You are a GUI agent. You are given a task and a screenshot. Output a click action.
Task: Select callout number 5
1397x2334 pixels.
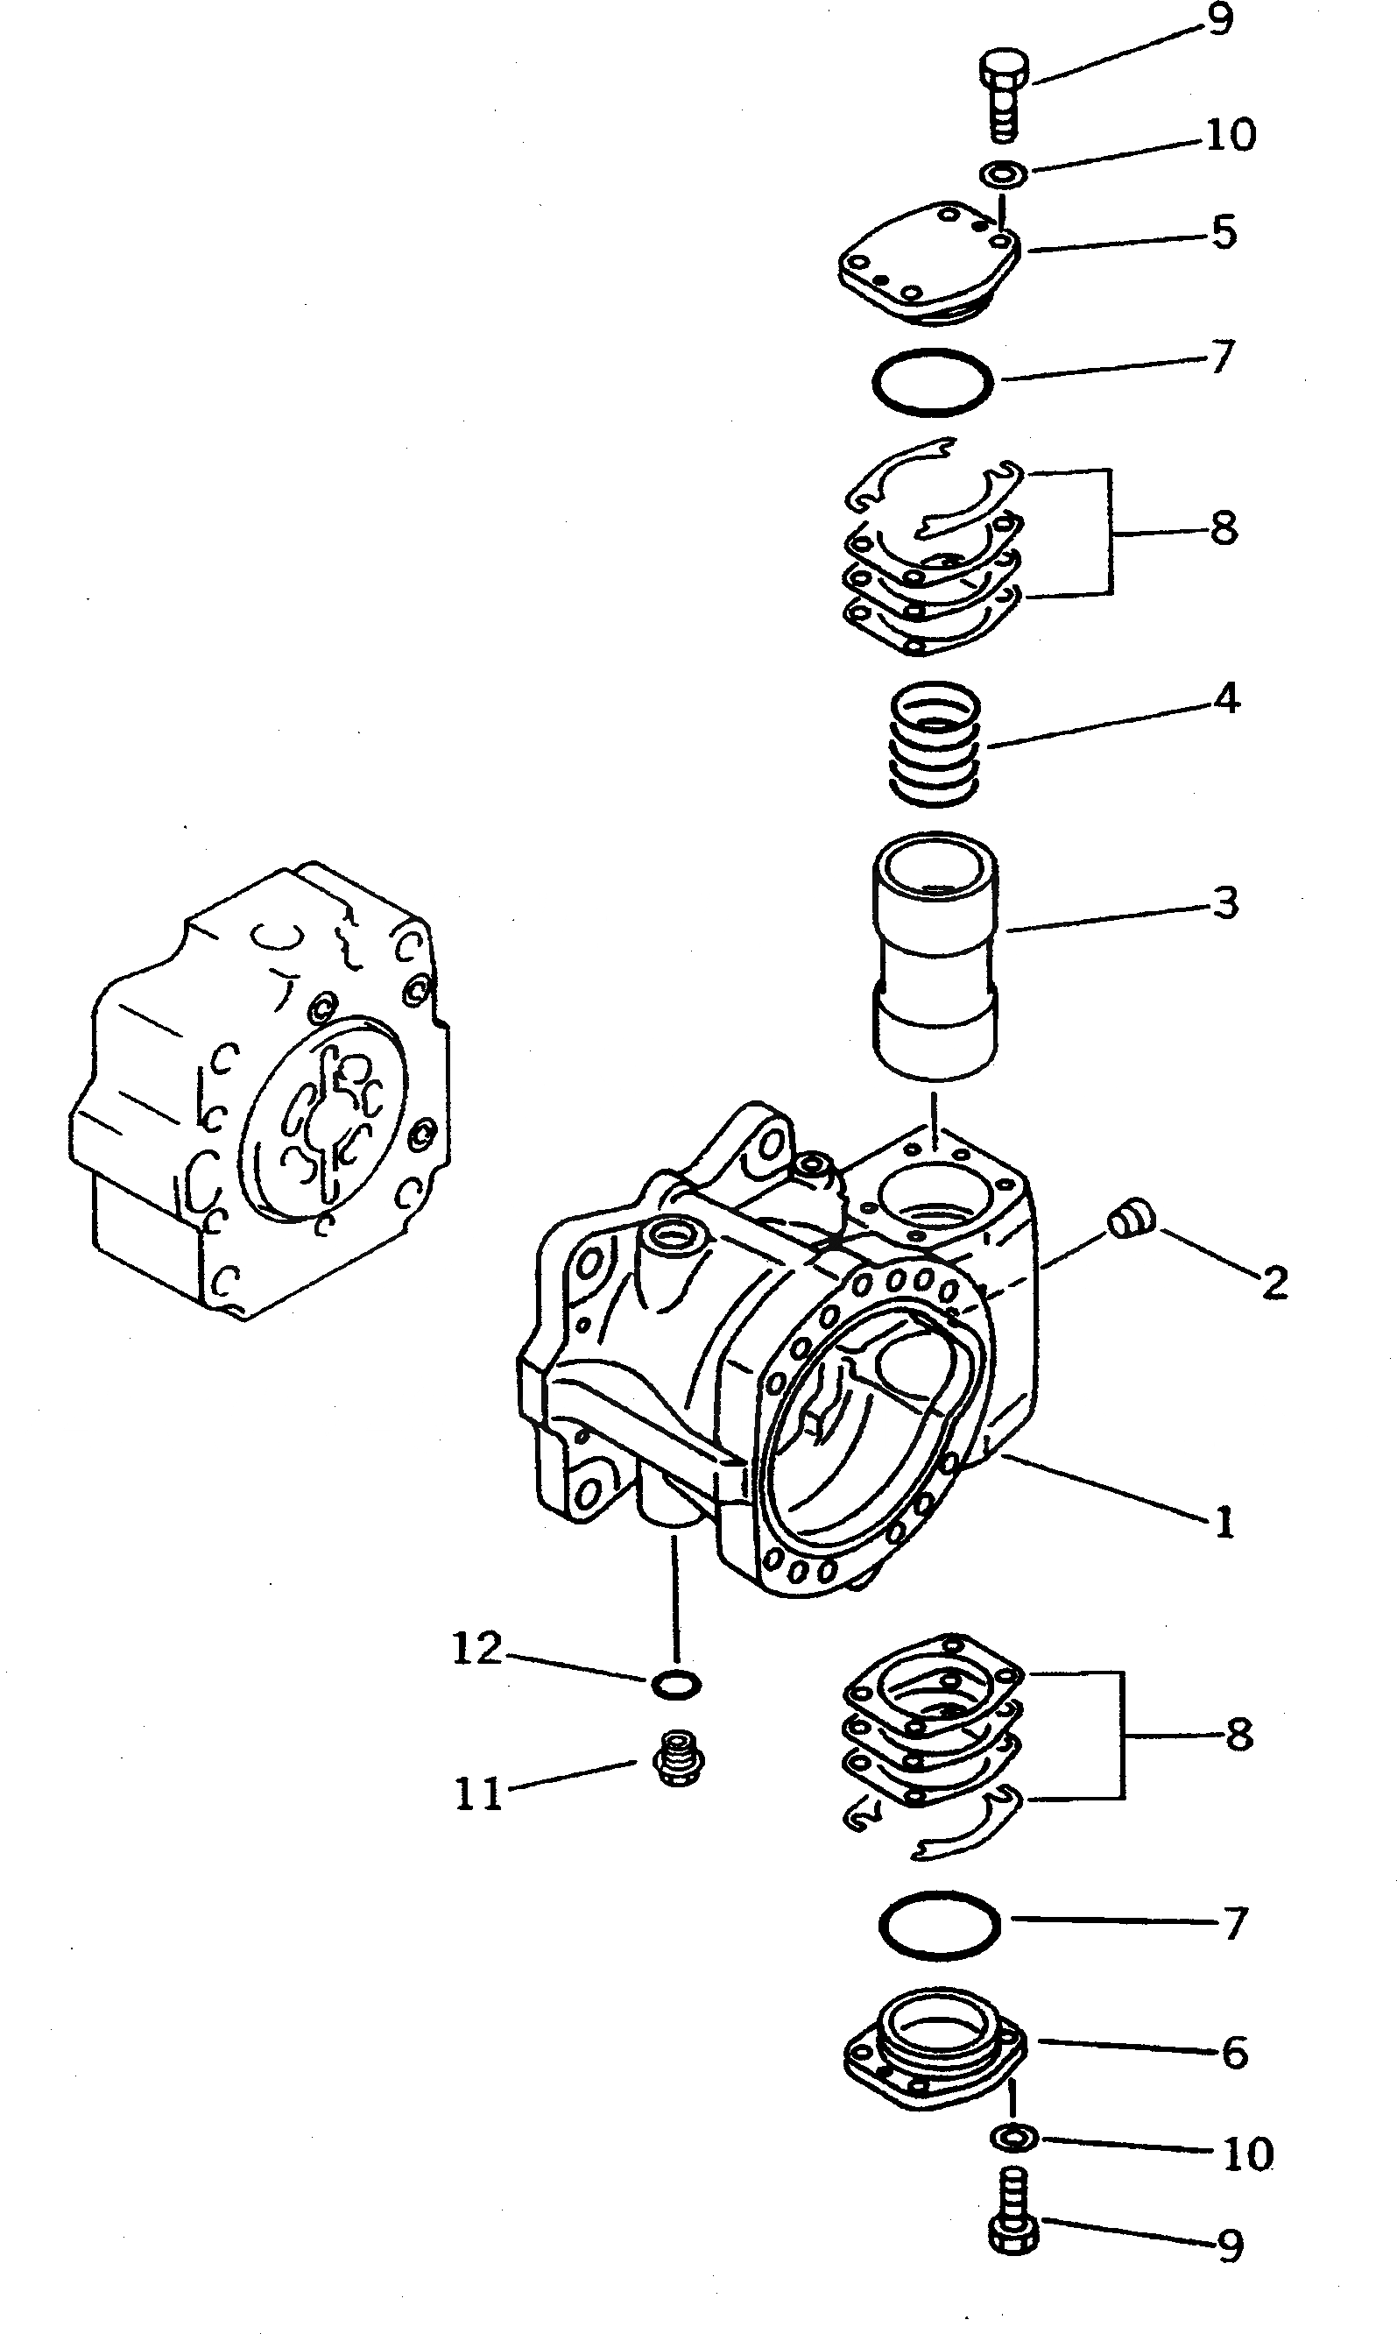(1223, 232)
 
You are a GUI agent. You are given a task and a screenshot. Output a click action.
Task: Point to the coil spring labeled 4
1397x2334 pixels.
(935, 744)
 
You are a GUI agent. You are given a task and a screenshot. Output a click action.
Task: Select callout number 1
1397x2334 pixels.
(1223, 1524)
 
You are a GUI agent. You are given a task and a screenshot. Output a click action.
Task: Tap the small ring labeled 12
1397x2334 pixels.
(676, 1685)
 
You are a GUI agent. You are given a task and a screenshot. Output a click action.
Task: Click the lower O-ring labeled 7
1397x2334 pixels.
(939, 1926)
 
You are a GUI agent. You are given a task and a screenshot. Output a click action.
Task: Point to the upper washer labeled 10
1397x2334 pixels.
(1004, 173)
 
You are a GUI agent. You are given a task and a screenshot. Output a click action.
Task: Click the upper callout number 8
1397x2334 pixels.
(1223, 529)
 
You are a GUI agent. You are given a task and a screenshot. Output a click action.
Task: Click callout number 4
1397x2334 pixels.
(1225, 699)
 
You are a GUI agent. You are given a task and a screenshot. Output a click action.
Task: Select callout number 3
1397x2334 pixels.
(1224, 904)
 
